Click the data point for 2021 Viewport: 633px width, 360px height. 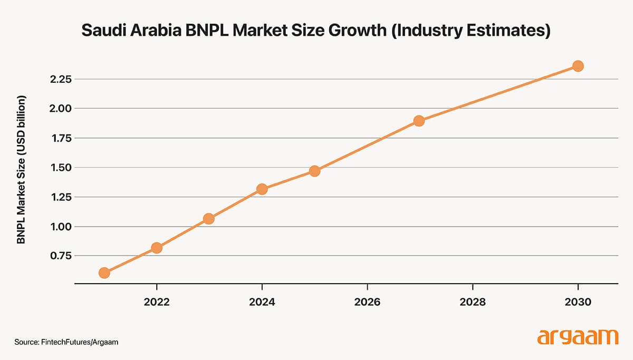[x=104, y=273]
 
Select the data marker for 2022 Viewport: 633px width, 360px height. [x=157, y=248]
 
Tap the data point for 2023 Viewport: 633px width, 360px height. [x=209, y=218]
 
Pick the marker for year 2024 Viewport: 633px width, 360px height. [x=262, y=189]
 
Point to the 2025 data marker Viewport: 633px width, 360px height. [x=314, y=171]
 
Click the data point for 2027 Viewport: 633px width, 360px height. [x=419, y=121]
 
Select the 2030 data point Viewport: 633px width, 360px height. [x=578, y=66]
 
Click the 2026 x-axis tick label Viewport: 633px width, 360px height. [x=367, y=303]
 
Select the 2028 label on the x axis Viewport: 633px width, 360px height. [x=473, y=303]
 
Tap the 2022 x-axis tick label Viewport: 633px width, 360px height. [x=157, y=303]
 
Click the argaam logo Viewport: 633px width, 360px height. [x=578, y=337]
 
